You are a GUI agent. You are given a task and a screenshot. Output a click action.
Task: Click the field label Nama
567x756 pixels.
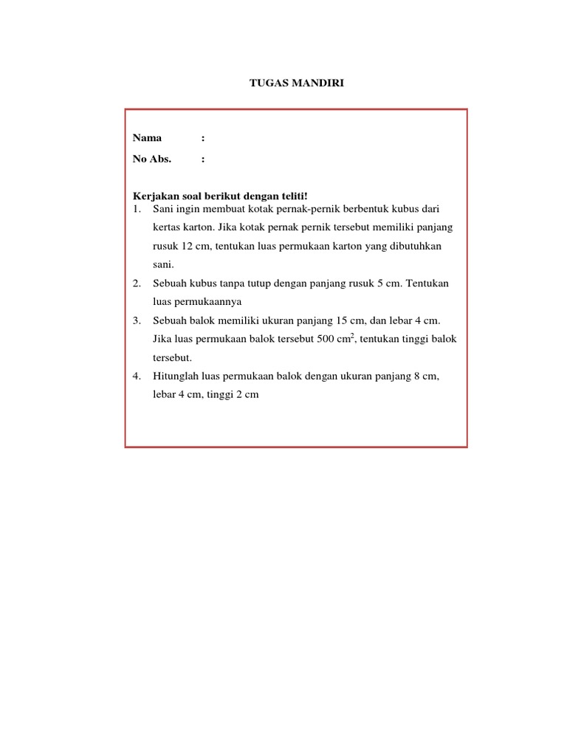click(x=147, y=138)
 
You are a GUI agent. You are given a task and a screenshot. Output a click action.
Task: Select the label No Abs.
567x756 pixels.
click(x=152, y=159)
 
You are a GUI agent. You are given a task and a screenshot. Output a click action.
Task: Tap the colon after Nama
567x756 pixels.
click(x=202, y=138)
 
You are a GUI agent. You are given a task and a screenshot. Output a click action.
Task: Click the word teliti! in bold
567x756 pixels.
click(x=291, y=196)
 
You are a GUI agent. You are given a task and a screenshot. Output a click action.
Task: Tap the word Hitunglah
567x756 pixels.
click(x=176, y=376)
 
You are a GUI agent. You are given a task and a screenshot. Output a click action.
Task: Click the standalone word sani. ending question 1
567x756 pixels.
click(x=162, y=264)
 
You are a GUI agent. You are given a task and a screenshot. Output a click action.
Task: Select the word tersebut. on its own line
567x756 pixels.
click(x=172, y=357)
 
